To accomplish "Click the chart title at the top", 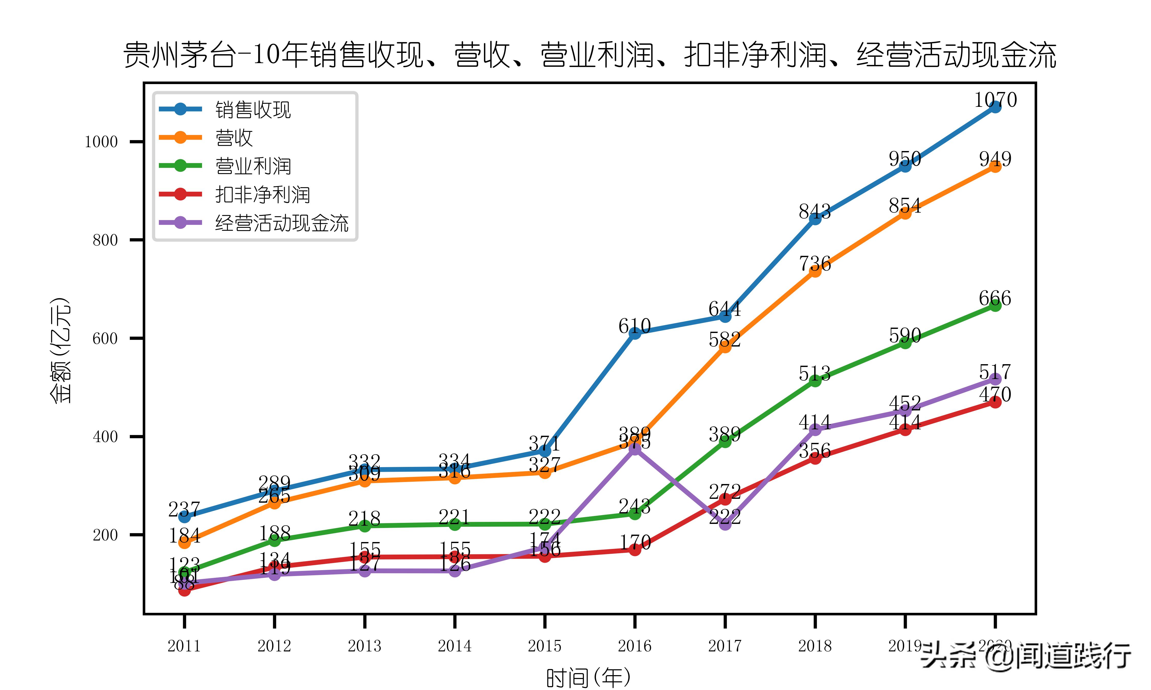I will [x=590, y=55].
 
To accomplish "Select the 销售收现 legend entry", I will [x=253, y=110].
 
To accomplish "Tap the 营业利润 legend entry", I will [x=253, y=166].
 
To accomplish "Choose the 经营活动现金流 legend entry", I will [x=281, y=223].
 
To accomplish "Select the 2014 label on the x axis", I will [x=455, y=646].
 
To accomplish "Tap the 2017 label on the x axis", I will [x=724, y=646].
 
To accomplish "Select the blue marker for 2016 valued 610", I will [x=635, y=333].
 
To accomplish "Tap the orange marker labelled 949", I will [x=995, y=166].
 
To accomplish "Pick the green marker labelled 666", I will [x=995, y=305].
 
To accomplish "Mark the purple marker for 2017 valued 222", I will [x=725, y=524].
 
